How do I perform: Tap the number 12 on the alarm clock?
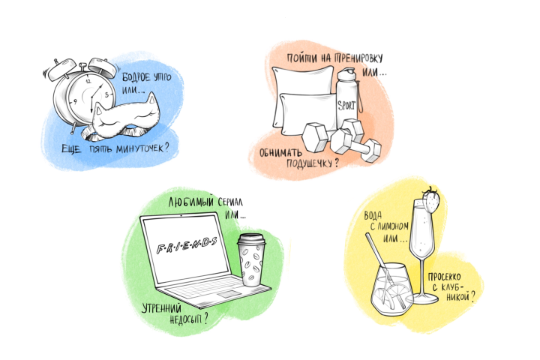tap(88, 81)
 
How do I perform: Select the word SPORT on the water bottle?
tap(346, 105)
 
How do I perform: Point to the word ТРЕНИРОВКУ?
tap(358, 58)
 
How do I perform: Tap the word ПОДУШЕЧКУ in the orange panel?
tap(309, 163)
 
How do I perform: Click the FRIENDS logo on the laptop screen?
tap(187, 245)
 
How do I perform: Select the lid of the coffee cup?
tap(251, 239)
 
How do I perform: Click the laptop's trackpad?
tap(227, 294)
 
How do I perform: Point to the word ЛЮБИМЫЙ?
tap(190, 202)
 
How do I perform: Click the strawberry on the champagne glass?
tap(431, 200)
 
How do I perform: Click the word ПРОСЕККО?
tap(444, 277)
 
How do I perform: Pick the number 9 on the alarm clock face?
tap(75, 102)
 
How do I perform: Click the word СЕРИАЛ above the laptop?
tap(230, 202)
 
